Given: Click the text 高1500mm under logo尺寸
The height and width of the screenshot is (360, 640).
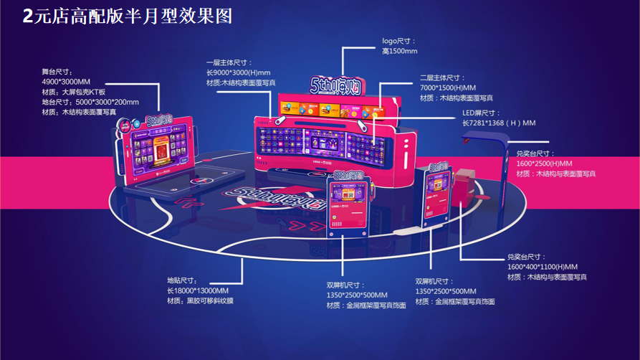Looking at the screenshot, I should [399, 52].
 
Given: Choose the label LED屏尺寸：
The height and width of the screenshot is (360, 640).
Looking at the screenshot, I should [482, 113].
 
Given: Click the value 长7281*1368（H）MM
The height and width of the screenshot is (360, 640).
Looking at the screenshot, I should [499, 123].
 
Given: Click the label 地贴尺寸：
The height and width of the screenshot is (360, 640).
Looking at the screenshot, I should [182, 280].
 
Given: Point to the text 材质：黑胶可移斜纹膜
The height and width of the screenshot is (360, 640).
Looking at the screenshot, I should [200, 300].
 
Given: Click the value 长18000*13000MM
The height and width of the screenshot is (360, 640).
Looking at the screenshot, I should [198, 290].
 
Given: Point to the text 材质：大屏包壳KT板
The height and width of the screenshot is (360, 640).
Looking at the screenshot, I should [74, 92].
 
